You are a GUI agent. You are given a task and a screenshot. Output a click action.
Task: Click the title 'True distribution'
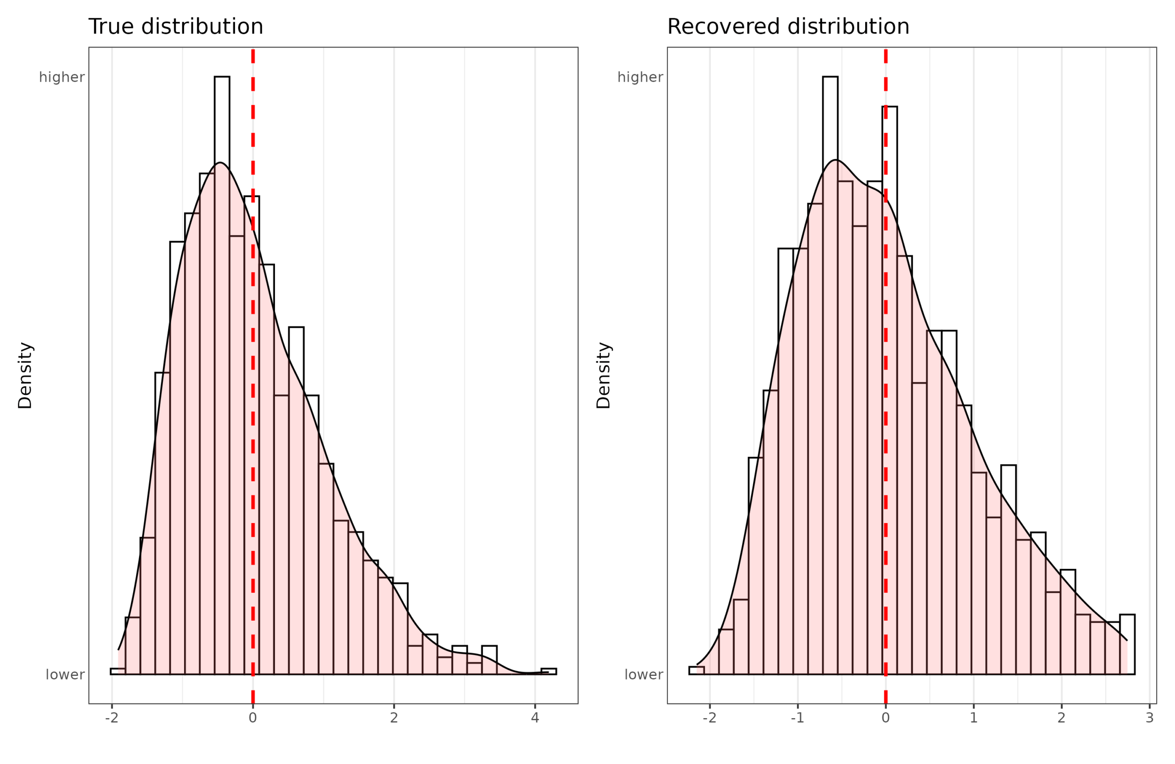(175, 27)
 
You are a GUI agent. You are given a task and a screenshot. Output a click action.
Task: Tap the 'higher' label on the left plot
(62, 77)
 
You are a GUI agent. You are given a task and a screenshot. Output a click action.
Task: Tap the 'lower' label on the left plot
(65, 674)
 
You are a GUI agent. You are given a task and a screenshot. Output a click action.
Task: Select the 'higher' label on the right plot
(640, 77)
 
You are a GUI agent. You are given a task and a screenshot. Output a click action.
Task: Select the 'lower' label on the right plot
(643, 674)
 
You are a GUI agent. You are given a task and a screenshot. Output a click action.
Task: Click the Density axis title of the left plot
(25, 375)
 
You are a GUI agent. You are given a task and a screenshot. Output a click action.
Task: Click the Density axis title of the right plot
(603, 375)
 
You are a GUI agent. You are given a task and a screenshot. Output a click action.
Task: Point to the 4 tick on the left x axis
(535, 718)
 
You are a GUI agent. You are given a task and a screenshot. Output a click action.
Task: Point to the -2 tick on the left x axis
(112, 718)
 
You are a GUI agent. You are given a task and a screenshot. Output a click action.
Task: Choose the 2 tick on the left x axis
(393, 718)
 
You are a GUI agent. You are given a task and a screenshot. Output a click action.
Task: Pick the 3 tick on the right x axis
(1149, 718)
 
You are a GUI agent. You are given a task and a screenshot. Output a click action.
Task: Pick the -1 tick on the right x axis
(797, 718)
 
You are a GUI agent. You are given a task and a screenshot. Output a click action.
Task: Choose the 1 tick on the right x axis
(974, 718)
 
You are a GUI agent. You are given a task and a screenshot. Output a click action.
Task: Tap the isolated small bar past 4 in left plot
(548, 671)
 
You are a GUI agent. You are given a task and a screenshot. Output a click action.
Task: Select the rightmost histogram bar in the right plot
(1127, 645)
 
